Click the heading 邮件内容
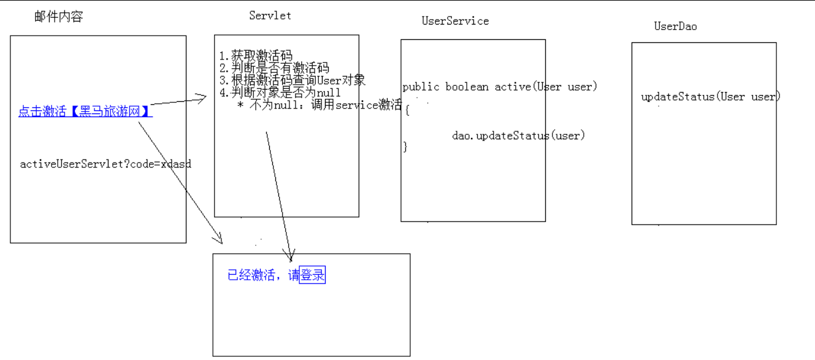[59, 17]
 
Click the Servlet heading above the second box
[270, 16]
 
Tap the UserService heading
[455, 21]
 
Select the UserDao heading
[675, 26]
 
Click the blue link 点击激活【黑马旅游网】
[85, 112]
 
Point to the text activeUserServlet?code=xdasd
[105, 164]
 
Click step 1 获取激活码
[256, 57]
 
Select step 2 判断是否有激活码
[274, 68]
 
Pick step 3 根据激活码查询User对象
[293, 80]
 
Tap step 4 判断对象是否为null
[280, 93]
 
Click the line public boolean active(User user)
[500, 86]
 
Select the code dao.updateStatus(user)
[519, 136]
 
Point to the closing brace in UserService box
[405, 147]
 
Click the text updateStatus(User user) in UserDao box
[710, 97]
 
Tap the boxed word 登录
[312, 276]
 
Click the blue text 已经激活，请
[263, 276]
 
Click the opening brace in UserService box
[406, 110]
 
